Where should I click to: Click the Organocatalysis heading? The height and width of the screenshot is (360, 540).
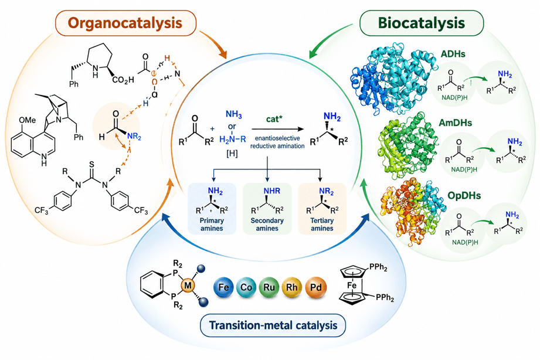(x=125, y=23)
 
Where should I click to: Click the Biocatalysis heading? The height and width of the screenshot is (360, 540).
(x=421, y=23)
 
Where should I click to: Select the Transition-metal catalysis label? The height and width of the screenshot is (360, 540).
(x=273, y=325)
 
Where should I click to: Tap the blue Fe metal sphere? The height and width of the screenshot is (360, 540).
(x=223, y=287)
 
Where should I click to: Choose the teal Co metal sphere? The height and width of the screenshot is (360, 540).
(x=246, y=287)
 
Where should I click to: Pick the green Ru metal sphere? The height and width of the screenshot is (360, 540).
(x=269, y=287)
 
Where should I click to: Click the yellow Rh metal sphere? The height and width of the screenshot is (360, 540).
(x=292, y=287)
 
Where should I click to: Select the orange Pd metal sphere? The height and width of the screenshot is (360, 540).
(x=315, y=287)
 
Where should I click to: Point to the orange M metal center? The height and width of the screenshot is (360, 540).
(x=188, y=285)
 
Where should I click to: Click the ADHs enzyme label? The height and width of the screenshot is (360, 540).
(x=453, y=54)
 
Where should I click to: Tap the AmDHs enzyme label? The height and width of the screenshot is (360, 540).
(x=456, y=123)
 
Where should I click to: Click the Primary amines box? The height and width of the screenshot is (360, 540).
(x=212, y=209)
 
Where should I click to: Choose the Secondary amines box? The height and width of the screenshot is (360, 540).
(x=267, y=209)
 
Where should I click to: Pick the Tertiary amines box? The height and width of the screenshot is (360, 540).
(x=322, y=209)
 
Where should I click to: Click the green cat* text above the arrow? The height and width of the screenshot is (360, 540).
(x=274, y=119)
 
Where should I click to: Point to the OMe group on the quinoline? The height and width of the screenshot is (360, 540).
(x=27, y=120)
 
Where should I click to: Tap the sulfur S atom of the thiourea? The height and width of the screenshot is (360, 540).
(x=91, y=164)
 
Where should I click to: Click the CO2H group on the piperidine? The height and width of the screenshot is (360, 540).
(x=123, y=80)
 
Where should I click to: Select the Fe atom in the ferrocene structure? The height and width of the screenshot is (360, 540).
(x=352, y=286)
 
